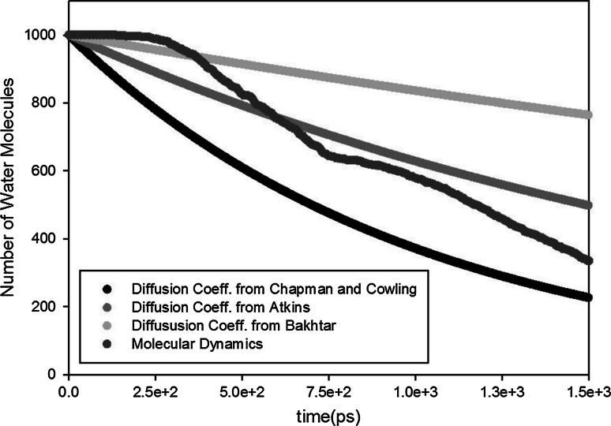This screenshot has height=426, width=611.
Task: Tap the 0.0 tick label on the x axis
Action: coord(69,390)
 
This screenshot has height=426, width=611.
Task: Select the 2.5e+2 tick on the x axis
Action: coord(156,390)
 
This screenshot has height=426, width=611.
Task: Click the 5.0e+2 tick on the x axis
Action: coord(242,390)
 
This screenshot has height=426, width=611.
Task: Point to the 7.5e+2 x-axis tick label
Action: coord(329,390)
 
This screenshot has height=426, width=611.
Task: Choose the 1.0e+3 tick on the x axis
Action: coord(416,390)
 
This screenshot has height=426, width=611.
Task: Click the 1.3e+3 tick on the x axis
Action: coord(503,390)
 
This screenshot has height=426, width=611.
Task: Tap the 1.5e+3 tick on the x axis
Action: coord(589,390)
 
